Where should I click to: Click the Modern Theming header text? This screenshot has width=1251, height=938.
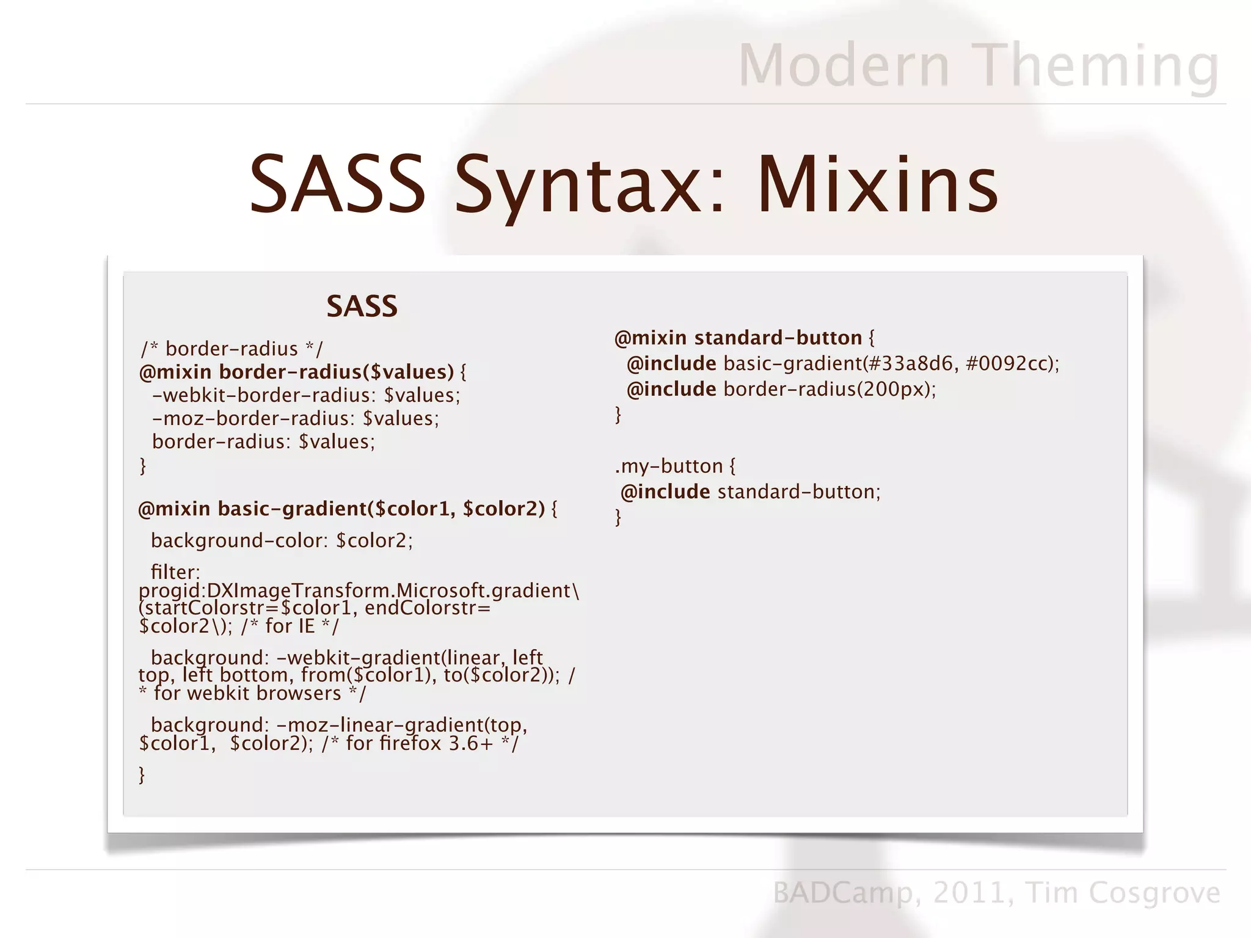tap(979, 65)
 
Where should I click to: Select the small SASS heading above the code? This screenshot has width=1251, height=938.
tap(362, 306)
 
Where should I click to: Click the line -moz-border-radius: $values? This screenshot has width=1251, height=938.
tap(296, 419)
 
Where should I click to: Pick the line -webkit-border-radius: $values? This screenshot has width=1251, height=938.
tap(305, 396)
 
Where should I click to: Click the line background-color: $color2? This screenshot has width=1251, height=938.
tap(282, 541)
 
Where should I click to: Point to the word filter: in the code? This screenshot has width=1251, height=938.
tap(175, 572)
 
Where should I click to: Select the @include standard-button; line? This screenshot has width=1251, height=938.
tap(750, 492)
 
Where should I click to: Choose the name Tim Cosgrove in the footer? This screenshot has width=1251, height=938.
tap(1123, 893)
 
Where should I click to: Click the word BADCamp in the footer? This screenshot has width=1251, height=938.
tap(843, 893)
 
